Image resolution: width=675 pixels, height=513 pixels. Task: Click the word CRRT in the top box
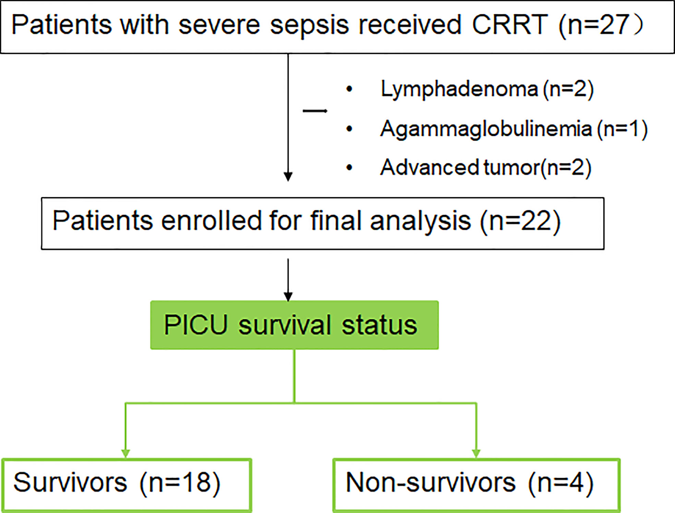coord(510,25)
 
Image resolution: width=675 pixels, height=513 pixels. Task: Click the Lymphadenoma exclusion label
coord(459,90)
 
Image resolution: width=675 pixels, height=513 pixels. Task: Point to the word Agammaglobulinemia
coord(486,129)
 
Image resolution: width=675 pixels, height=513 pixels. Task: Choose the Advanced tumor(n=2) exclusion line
coord(486,168)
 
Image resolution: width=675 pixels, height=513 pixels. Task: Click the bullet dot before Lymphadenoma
coord(349,89)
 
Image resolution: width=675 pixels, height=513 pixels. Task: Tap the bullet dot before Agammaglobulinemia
coord(349,129)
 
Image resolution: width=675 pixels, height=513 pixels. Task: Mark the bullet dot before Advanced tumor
coord(349,168)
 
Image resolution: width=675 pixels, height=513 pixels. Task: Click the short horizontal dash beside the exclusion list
coord(315,111)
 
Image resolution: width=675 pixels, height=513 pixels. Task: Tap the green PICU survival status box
coord(294,325)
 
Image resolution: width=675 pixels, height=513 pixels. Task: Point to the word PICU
coord(196,324)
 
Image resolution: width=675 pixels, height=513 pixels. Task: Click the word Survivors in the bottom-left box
coord(70,482)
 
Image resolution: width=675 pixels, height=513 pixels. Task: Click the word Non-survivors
coord(431,482)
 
